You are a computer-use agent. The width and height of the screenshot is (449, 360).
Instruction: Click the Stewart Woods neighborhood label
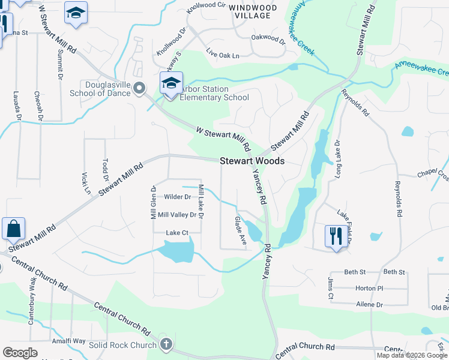[x=252, y=161]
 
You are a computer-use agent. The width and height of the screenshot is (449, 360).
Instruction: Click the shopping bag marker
[x=13, y=229]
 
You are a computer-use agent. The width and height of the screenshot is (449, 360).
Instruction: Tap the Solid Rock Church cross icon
[x=167, y=344]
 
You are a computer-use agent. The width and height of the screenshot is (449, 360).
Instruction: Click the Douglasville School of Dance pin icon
[x=140, y=89]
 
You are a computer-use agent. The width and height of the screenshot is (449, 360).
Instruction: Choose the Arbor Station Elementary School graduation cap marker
[x=171, y=83]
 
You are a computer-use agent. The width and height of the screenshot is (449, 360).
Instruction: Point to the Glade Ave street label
[x=240, y=230]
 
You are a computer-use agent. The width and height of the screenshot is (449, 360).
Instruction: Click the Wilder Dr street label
[x=177, y=197]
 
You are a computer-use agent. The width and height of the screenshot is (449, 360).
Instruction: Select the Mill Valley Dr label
[x=176, y=214]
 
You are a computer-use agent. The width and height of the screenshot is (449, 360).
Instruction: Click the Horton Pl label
[x=369, y=288]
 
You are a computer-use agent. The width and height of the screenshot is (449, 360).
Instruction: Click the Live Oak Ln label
[x=223, y=55]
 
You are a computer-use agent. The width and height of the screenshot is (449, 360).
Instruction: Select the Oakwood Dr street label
[x=268, y=40]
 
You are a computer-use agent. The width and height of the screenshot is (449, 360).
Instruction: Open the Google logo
[x=20, y=352]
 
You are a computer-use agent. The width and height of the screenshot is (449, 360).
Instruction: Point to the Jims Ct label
[x=330, y=289]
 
